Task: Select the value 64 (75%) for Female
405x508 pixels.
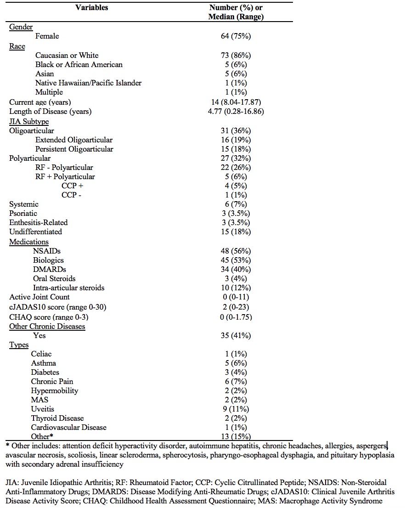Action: pyautogui.click(x=236, y=36)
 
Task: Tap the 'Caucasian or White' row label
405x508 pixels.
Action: pyautogui.click(x=67, y=55)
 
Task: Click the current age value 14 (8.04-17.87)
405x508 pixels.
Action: pyautogui.click(x=236, y=102)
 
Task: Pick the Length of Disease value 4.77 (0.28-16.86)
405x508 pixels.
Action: pyautogui.click(x=236, y=111)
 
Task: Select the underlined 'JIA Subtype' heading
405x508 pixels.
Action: pyautogui.click(x=29, y=121)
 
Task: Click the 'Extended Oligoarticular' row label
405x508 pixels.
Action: pyautogui.click(x=74, y=140)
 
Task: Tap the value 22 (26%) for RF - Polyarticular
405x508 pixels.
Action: pyautogui.click(x=236, y=167)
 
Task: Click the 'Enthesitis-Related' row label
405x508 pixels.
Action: pyautogui.click(x=39, y=222)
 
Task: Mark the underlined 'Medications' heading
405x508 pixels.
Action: pyautogui.click(x=29, y=242)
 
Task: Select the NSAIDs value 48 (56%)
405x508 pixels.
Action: pyautogui.click(x=236, y=251)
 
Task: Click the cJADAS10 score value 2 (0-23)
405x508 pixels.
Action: pyautogui.click(x=236, y=307)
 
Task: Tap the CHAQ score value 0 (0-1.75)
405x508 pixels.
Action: pyautogui.click(x=236, y=317)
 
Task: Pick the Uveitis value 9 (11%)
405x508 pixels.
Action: pyautogui.click(x=236, y=409)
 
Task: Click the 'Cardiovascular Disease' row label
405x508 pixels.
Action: pyautogui.click(x=68, y=427)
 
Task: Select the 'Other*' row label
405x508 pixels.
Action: pyautogui.click(x=42, y=436)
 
